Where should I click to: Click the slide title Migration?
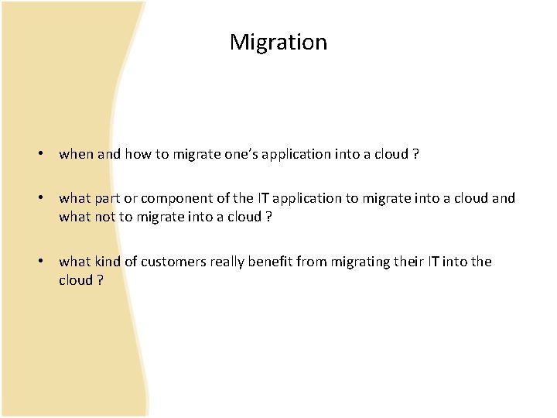[x=278, y=42]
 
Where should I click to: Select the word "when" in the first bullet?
[x=76, y=154]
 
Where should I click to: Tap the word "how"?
[x=136, y=154]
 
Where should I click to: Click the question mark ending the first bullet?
[x=416, y=154]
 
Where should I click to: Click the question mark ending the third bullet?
[x=101, y=279]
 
